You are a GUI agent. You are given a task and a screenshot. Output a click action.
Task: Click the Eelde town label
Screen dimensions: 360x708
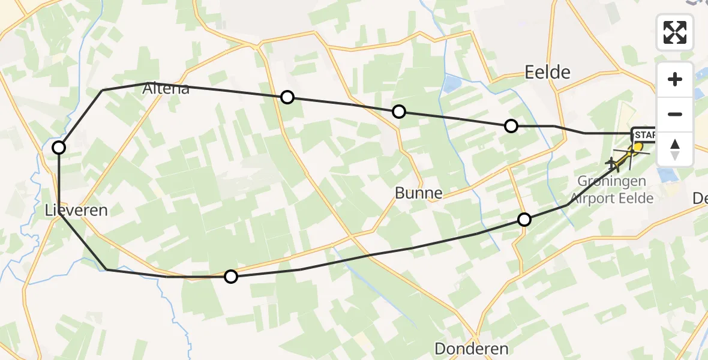[547, 73]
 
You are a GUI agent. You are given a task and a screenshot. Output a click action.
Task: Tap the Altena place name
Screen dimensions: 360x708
[166, 89]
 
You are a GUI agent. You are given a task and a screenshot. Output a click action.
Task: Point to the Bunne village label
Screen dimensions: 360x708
[419, 193]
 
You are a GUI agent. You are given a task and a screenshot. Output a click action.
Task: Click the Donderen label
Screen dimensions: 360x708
[471, 349]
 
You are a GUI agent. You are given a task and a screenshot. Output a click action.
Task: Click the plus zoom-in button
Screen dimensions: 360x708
[675, 79]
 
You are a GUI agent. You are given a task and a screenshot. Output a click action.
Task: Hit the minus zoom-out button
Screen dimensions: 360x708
[675, 114]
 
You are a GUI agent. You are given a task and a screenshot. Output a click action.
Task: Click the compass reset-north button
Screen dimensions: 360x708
[675, 149]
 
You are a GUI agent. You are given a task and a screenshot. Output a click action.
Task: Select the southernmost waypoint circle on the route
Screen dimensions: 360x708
[231, 277]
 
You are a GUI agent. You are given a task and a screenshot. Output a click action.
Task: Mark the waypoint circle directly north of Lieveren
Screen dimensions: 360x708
[59, 148]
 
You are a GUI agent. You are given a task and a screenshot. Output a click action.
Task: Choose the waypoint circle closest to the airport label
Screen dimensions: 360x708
[524, 220]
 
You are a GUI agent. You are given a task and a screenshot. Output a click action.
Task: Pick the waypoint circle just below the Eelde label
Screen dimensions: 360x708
[511, 126]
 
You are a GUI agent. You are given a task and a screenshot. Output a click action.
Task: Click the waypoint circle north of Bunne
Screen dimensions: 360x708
[398, 112]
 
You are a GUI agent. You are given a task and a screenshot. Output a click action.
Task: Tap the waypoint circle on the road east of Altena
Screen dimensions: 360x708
[287, 97]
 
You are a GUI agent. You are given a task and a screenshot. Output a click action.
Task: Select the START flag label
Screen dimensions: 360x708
[643, 135]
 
